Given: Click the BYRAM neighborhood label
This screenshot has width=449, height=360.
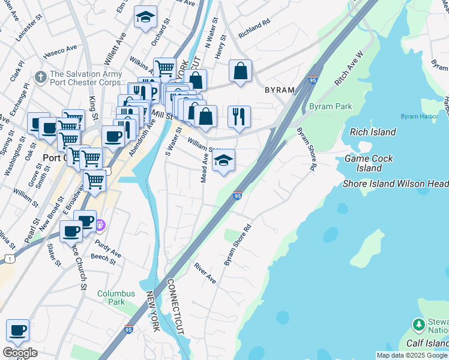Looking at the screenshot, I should point(280,90).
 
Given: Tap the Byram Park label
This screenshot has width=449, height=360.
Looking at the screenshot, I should point(330,107).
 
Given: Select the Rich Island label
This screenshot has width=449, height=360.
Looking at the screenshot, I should point(373,132).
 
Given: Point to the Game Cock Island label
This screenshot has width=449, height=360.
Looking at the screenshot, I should point(369,163).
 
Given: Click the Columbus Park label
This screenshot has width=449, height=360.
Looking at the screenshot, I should point(116,298).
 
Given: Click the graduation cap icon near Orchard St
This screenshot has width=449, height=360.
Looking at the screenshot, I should point(145,17).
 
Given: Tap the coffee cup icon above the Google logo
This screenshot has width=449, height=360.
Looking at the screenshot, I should point(17,331).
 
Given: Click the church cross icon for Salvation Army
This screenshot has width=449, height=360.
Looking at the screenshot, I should point(41,77).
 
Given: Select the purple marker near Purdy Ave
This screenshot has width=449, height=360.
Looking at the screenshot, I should point(100,226).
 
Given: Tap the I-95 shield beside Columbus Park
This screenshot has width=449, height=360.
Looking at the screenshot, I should point(129,329).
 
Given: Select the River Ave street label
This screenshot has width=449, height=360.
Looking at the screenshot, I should point(204,273).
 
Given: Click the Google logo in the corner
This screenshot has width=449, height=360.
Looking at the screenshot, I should point(20,352).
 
